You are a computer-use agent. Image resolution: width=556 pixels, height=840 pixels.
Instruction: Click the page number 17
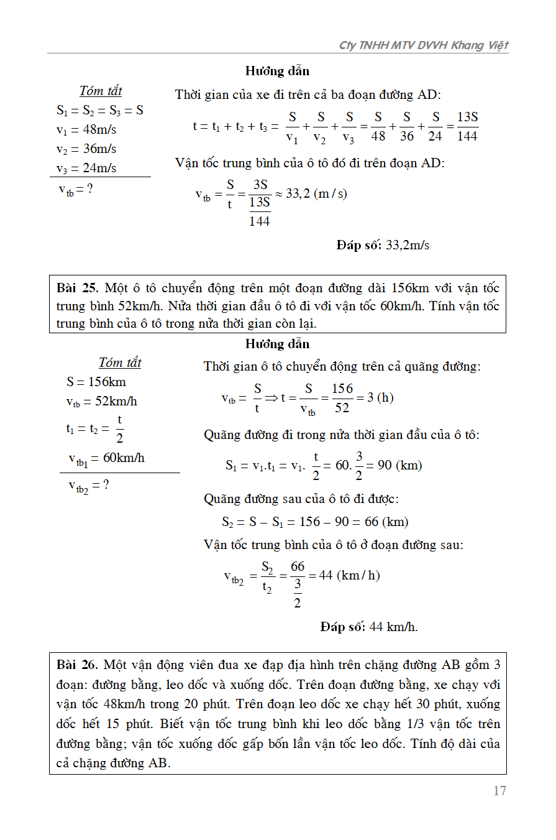point(499,791)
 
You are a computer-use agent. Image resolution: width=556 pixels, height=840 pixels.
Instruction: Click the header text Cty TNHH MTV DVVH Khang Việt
point(424,45)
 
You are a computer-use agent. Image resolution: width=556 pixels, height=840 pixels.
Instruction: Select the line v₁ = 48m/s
point(86,130)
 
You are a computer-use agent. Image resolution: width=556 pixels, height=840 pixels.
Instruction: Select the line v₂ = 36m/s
point(86,149)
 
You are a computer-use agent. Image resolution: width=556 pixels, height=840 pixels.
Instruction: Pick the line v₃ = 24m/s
point(86,168)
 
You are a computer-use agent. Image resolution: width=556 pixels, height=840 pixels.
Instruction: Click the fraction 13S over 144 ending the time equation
point(467,126)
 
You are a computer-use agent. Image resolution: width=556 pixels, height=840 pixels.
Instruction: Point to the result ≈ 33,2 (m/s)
point(311,193)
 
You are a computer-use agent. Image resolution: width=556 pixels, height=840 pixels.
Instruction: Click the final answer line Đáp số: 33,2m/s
point(383,245)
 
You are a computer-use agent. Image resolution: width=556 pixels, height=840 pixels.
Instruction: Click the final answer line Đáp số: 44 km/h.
point(369,627)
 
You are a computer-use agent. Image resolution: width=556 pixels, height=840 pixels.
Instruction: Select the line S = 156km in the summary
point(96,382)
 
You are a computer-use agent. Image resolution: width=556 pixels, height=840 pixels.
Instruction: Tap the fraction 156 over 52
point(342,398)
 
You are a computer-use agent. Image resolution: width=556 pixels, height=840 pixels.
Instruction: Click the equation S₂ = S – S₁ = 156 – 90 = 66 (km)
point(315,522)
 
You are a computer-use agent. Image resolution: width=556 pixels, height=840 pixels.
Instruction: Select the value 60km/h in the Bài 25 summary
point(124,458)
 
